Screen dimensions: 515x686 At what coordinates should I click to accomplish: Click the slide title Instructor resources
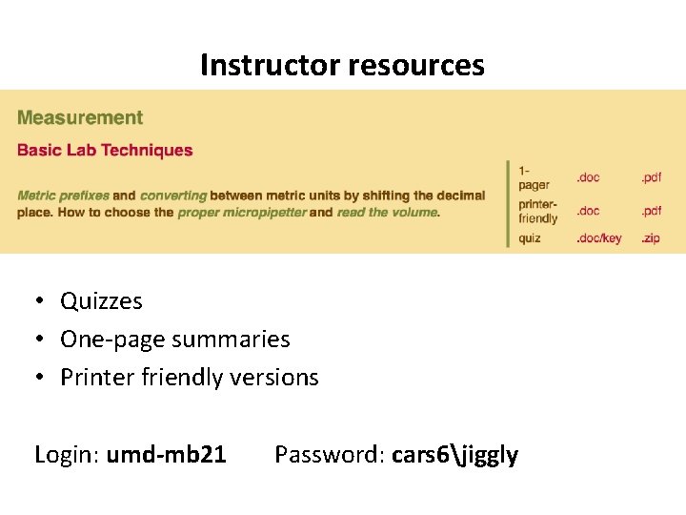(342, 65)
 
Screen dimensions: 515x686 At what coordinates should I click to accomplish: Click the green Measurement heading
(80, 118)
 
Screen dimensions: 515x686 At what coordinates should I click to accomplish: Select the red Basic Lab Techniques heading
(105, 150)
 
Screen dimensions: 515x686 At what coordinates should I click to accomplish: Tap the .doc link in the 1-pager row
(588, 177)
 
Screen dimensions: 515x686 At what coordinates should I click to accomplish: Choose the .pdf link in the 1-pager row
(651, 177)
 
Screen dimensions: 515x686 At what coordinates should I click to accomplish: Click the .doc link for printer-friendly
(588, 211)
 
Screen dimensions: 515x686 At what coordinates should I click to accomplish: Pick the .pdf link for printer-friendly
(651, 211)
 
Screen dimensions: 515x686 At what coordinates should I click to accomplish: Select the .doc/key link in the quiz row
(598, 238)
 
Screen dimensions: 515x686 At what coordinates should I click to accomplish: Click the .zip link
(650, 238)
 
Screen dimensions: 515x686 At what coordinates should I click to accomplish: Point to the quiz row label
(530, 238)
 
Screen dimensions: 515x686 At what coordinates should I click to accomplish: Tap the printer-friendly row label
(538, 212)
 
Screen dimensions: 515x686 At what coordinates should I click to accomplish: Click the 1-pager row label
(534, 177)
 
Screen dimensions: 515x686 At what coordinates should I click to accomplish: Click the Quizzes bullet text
(101, 301)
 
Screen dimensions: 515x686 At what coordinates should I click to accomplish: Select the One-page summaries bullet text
(174, 340)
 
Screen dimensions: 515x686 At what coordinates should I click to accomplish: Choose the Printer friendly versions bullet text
(189, 378)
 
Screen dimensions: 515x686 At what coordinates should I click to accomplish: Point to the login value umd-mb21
(166, 455)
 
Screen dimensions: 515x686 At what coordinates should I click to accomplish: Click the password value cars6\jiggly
(454, 455)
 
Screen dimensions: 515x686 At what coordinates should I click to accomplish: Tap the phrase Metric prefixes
(63, 196)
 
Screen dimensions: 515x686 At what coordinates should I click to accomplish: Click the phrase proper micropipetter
(242, 213)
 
